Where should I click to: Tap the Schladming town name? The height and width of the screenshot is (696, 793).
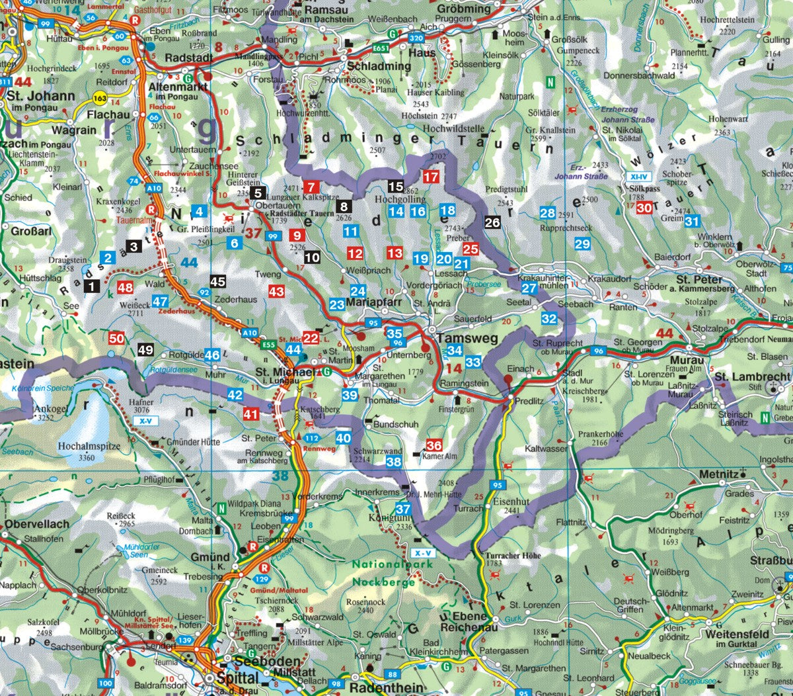tap(379, 66)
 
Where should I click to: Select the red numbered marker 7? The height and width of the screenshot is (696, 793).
tap(312, 187)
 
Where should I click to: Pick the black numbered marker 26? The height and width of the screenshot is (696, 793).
tap(492, 223)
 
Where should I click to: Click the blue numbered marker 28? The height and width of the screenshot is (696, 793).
tap(547, 213)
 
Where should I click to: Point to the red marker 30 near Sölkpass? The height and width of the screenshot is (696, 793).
tap(645, 208)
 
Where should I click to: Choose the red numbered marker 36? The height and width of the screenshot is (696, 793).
tap(434, 445)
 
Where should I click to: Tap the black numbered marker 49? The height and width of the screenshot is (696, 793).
tap(145, 351)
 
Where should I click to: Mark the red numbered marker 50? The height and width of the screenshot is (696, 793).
tap(116, 339)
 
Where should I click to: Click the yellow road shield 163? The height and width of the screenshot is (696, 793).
tap(100, 98)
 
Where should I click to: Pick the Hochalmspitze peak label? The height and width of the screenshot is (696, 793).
tap(89, 447)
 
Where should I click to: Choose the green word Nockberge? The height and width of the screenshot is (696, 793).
tap(383, 582)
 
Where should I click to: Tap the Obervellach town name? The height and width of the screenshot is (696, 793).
tap(37, 525)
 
